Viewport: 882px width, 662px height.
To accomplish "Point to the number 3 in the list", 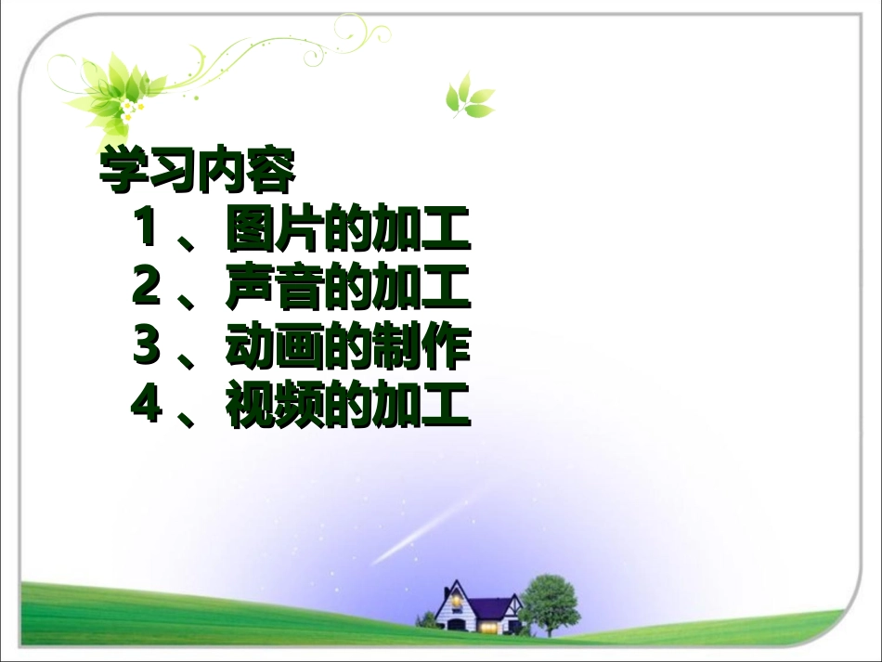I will click(x=146, y=347).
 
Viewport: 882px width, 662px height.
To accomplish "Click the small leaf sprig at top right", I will click(x=469, y=98).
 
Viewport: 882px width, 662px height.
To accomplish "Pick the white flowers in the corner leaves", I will click(x=130, y=110).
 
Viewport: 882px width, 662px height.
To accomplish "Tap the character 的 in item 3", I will click(x=347, y=348).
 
